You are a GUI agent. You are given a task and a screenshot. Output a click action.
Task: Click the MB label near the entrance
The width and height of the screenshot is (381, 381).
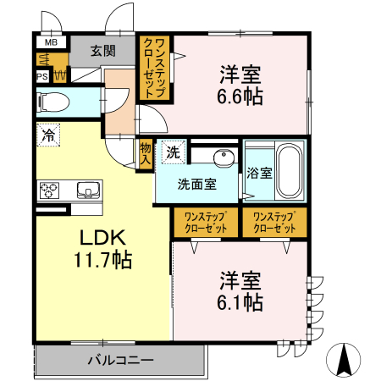[51, 41]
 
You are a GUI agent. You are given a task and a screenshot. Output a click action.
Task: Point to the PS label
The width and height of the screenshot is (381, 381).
[41, 76]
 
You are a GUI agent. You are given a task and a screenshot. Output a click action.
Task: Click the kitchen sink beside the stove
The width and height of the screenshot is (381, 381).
[87, 188]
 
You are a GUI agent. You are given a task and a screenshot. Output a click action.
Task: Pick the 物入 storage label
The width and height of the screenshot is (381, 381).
[146, 153]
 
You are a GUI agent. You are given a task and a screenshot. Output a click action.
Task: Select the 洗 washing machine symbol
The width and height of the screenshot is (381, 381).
[173, 153]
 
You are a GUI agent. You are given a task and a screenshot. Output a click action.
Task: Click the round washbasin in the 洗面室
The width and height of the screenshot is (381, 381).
[224, 157]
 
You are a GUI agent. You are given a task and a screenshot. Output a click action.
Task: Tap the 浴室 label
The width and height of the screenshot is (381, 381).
[259, 174]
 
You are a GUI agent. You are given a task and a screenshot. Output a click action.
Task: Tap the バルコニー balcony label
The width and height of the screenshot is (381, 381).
[120, 360]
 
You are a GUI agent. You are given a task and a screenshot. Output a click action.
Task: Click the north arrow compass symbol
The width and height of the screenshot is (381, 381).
[344, 359]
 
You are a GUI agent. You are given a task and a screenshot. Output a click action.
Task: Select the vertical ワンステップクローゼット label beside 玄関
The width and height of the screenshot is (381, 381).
[154, 69]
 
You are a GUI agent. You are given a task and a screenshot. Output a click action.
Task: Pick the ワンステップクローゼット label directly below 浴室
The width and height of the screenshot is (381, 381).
[274, 223]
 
